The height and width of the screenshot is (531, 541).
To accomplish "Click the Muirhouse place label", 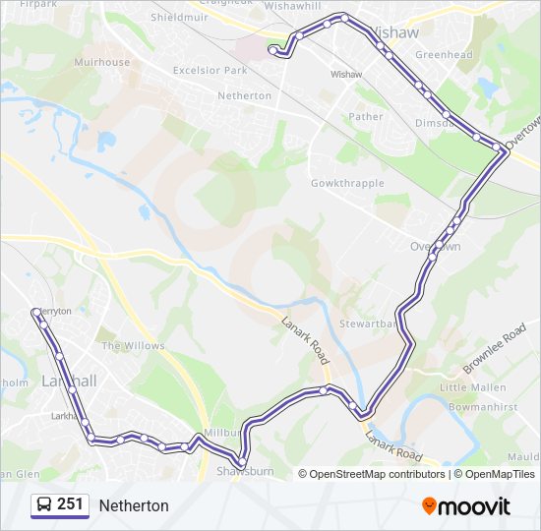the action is (101, 62).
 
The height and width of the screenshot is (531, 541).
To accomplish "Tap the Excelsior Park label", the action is (210, 71).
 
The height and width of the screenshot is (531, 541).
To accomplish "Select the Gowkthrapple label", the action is (346, 184).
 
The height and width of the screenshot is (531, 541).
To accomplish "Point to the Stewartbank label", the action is (368, 323).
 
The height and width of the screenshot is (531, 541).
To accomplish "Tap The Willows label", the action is (133, 346).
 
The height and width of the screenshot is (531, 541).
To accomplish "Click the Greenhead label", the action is (444, 55).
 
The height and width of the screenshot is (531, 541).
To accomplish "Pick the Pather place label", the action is (366, 116).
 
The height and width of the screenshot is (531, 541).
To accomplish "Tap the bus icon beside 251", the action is (44, 504).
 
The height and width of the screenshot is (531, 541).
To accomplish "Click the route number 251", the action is (70, 504).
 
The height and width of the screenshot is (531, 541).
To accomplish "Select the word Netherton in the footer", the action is (134, 505).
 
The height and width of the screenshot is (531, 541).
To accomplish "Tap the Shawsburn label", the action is (243, 472).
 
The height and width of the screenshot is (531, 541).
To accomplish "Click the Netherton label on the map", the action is (244, 95).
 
